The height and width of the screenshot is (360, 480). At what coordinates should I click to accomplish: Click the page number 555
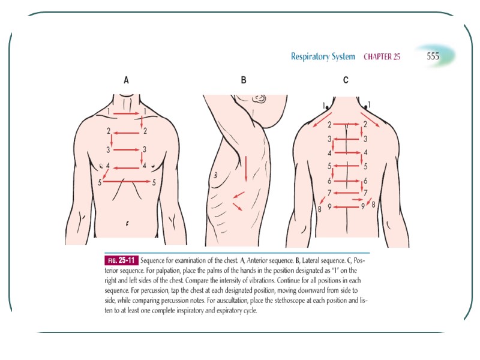point(433,56)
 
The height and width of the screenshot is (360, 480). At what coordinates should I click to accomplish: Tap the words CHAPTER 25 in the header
point(382,57)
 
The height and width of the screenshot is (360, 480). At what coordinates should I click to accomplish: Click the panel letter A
point(126,80)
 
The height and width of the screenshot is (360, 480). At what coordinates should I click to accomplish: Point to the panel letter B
point(243,80)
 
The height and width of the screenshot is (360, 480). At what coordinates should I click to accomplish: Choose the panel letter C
point(346,80)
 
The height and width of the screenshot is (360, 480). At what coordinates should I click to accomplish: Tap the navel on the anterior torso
point(127,223)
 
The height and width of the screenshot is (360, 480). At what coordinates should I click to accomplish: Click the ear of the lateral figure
point(260,97)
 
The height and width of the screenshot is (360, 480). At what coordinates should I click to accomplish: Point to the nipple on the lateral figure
point(215,175)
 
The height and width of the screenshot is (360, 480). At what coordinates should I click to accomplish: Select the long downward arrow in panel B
point(245,168)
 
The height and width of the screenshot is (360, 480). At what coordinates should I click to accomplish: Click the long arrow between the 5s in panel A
point(128,181)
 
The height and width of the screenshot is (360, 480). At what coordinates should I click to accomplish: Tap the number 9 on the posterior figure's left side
point(329,206)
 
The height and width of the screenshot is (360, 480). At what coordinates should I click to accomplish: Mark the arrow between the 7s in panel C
point(347,193)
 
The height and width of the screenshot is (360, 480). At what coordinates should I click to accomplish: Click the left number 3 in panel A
point(109,149)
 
